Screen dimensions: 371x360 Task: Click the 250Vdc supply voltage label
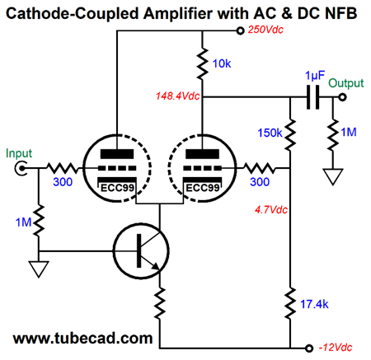tap(265, 30)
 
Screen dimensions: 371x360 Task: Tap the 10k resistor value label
tap(222, 63)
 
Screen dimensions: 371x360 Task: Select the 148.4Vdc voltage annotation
tap(177, 96)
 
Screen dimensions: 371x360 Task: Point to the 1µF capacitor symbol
tap(313, 97)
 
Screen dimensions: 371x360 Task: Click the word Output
tap(346, 83)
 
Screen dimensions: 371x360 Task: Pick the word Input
tap(19, 153)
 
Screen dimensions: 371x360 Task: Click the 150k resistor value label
tap(270, 133)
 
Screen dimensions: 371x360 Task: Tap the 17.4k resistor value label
tap(314, 304)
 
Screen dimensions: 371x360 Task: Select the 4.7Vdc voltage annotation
tap(271, 210)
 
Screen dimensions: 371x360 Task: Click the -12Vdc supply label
tap(336, 348)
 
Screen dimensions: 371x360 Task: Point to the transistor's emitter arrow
tap(155, 266)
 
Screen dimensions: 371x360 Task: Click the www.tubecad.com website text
tap(82, 339)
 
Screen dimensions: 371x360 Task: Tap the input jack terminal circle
tap(21, 168)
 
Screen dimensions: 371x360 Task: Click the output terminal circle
tap(342, 97)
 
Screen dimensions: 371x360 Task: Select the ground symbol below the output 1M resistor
tap(333, 177)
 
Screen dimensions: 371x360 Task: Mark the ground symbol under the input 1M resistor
tap(39, 269)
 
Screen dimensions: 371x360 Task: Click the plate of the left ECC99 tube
tap(117, 154)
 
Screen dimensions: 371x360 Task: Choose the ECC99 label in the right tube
tap(203, 188)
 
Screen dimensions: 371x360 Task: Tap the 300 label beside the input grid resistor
tap(63, 182)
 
